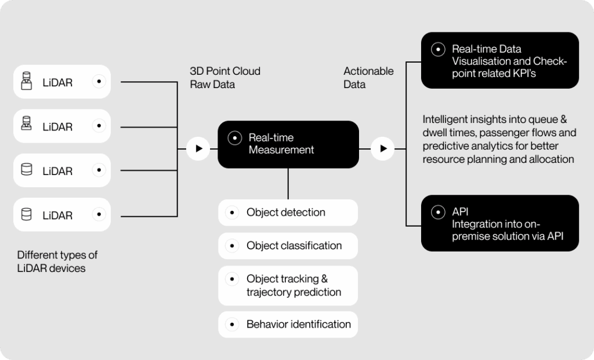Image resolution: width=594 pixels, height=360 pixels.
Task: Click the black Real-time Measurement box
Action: pos(288,144)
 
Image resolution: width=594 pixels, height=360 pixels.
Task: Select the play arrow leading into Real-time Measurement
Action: pos(198,149)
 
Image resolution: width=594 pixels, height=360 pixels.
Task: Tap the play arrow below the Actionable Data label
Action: pos(382,149)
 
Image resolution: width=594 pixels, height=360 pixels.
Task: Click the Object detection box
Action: pos(288,213)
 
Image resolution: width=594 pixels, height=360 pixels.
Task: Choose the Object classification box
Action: pos(288,246)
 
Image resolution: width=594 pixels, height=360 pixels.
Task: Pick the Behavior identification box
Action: pos(288,325)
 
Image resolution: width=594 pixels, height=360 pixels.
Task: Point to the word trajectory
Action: pos(270,292)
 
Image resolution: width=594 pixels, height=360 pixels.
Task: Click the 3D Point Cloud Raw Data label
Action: pos(225,78)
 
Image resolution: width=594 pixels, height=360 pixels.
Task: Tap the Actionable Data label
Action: pos(368,78)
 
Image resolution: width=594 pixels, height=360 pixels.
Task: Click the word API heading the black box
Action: pos(460,212)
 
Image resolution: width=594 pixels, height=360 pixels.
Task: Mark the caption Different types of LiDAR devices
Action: pos(57,261)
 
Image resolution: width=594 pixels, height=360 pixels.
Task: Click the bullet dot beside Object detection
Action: pos(232,213)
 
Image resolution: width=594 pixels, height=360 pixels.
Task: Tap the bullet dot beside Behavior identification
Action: pos(232,325)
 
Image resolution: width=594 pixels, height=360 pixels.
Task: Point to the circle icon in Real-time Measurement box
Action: pos(234,138)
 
